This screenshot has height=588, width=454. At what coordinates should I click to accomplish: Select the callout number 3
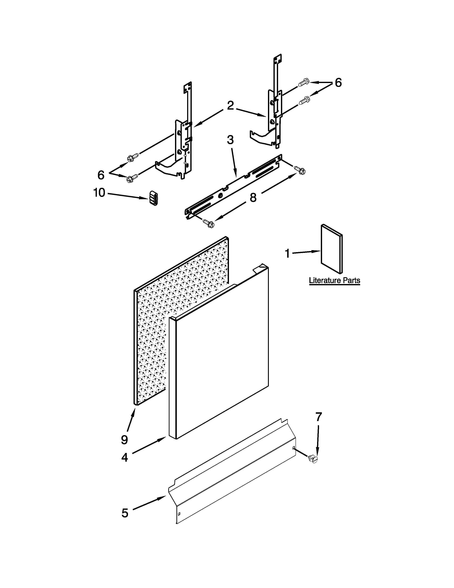click(x=230, y=140)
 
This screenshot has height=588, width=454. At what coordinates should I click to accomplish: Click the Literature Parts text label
click(x=334, y=280)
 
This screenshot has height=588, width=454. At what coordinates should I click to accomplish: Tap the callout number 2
click(x=230, y=106)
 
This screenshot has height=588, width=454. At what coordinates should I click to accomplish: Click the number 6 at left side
click(x=101, y=175)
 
